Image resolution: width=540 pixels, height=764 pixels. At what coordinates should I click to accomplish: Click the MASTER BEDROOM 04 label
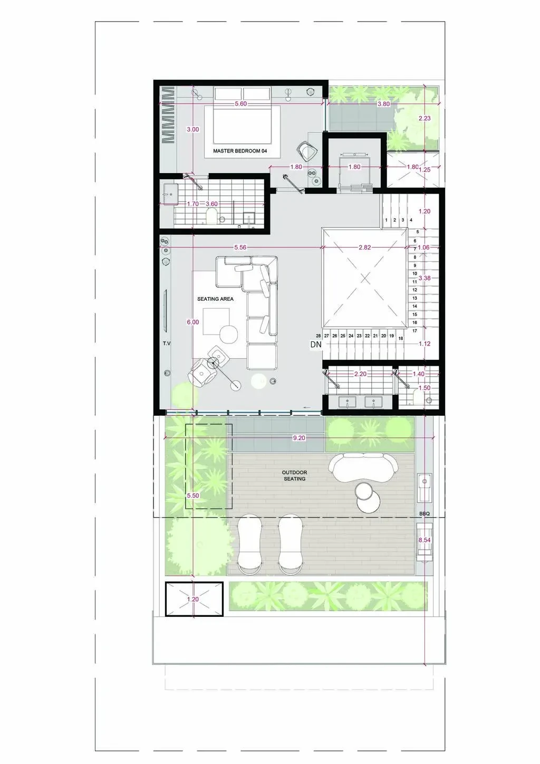tap(240, 151)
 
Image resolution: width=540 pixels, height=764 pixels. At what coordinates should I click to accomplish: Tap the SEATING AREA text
tap(216, 299)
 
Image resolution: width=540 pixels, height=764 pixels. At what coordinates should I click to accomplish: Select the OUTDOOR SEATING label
tap(295, 475)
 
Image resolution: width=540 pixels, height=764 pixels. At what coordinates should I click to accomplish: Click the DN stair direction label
tap(316, 345)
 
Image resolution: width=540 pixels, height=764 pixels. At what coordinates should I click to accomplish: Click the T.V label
tap(166, 344)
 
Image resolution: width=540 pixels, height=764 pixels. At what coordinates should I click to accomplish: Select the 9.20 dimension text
tap(299, 437)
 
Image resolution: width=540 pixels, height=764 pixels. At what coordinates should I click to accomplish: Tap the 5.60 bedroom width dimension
tap(240, 104)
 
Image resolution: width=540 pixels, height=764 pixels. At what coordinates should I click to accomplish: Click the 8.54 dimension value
tap(425, 540)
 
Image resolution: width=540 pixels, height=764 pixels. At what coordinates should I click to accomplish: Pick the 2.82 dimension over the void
tap(364, 247)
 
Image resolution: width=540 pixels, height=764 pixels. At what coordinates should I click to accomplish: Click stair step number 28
tap(318, 336)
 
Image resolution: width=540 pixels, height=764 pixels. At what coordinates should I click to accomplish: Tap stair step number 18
tap(401, 338)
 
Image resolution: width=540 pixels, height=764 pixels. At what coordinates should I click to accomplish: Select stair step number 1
tap(386, 220)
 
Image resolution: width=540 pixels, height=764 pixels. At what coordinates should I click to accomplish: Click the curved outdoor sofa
tap(363, 467)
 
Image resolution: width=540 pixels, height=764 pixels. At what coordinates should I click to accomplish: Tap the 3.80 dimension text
tap(384, 104)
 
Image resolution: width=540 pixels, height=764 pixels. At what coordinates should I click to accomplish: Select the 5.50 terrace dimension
tap(193, 495)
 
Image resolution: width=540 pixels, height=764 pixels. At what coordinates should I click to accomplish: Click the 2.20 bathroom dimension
tap(360, 374)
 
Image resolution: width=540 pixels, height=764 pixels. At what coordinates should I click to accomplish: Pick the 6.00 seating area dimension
tap(193, 322)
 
